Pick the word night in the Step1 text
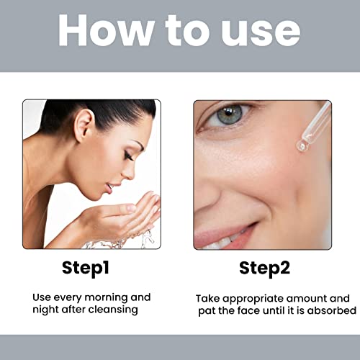[43, 310]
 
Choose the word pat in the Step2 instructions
[209, 310]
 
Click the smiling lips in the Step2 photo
[230, 234]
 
